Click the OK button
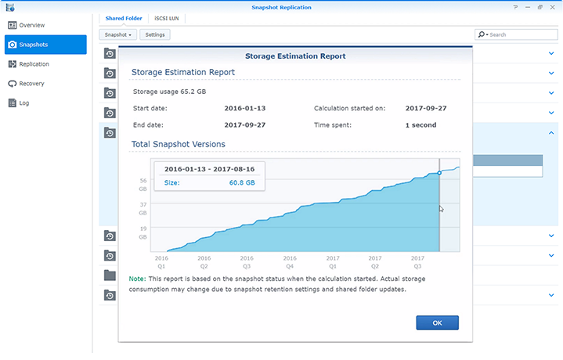tap(437, 322)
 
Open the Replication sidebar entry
tap(34, 64)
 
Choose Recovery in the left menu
tap(31, 84)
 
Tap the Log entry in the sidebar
tap(24, 103)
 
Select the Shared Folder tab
tap(123, 17)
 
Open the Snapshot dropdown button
tap(119, 34)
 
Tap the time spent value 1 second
tap(420, 125)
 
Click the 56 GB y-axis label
tap(143, 184)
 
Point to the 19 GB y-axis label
tap(143, 232)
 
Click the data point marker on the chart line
tap(439, 172)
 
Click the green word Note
tap(136, 278)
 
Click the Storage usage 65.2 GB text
tap(169, 91)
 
